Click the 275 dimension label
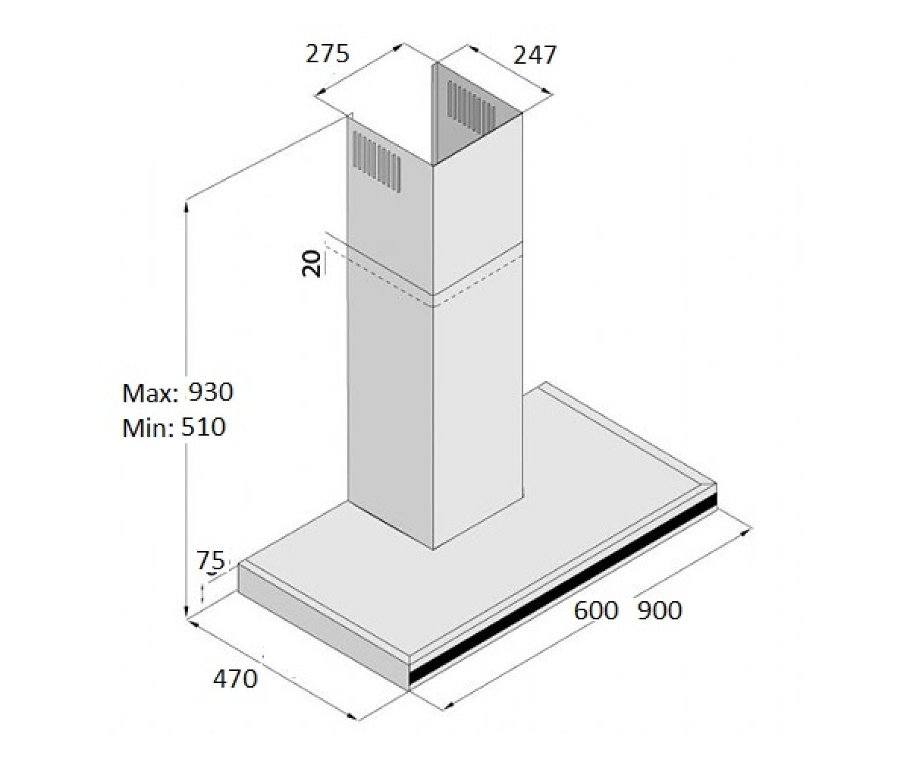click(328, 54)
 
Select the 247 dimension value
click(535, 55)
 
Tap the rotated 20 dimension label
click(311, 263)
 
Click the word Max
click(150, 393)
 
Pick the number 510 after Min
click(203, 427)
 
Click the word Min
click(149, 428)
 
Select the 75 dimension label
click(211, 561)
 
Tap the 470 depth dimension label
click(235, 679)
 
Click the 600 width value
click(596, 610)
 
